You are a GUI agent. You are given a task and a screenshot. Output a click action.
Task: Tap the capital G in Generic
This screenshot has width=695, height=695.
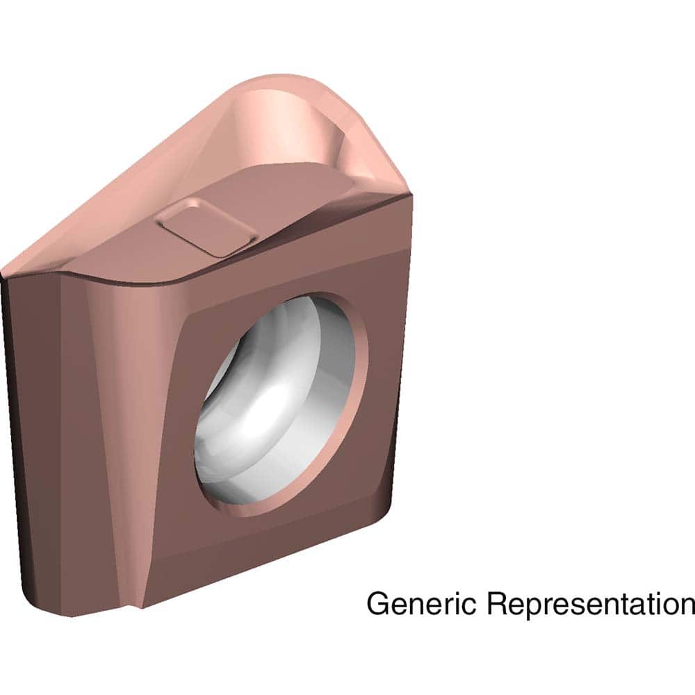378,603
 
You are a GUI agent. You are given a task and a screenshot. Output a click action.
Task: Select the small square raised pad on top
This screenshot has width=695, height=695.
206,226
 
